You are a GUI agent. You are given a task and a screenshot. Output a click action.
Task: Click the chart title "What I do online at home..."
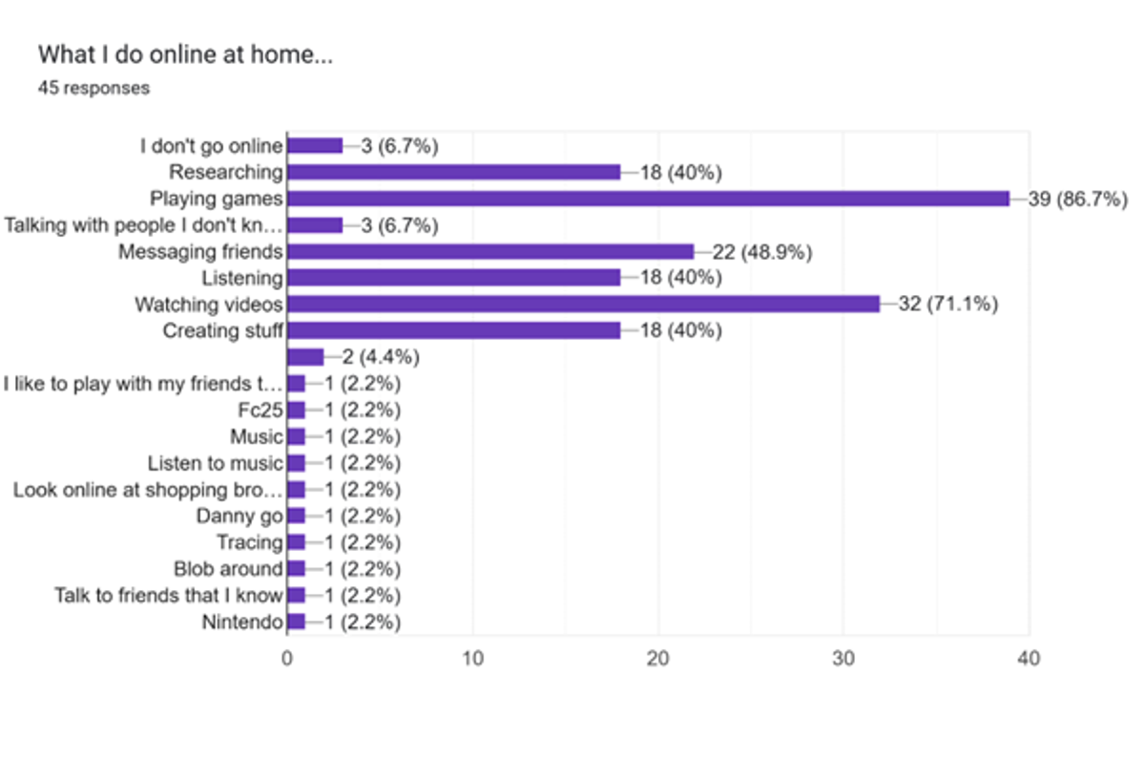[185, 55]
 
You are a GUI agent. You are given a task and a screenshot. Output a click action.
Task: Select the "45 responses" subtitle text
[94, 88]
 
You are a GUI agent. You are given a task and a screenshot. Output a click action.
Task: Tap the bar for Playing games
[648, 199]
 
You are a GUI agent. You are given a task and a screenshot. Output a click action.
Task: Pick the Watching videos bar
[583, 305]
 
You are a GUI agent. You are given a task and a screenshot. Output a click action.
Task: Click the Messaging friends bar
[490, 251]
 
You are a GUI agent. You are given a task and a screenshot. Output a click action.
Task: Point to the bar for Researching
[453, 172]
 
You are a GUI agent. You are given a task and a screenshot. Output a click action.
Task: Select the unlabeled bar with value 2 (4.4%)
[305, 357]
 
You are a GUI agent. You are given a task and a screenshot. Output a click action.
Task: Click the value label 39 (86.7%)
[1078, 199]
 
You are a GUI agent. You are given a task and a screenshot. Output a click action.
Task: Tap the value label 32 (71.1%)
[948, 305]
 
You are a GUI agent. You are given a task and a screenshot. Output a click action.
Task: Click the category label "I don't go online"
[212, 146]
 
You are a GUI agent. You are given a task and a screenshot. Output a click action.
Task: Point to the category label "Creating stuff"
[223, 331]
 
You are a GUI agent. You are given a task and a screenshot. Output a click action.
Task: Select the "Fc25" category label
[262, 411]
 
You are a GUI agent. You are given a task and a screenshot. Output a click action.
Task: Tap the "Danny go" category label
[239, 517]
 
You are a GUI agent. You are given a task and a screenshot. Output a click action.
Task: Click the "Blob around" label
[228, 569]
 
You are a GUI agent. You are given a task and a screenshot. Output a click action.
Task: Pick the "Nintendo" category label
[242, 623]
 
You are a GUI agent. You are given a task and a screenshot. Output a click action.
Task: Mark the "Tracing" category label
[249, 542]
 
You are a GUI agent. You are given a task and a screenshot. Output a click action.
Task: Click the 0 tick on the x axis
[287, 658]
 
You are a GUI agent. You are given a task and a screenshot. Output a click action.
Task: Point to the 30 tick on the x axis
[843, 658]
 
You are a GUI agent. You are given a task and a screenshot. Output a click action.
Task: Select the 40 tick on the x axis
[1029, 658]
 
